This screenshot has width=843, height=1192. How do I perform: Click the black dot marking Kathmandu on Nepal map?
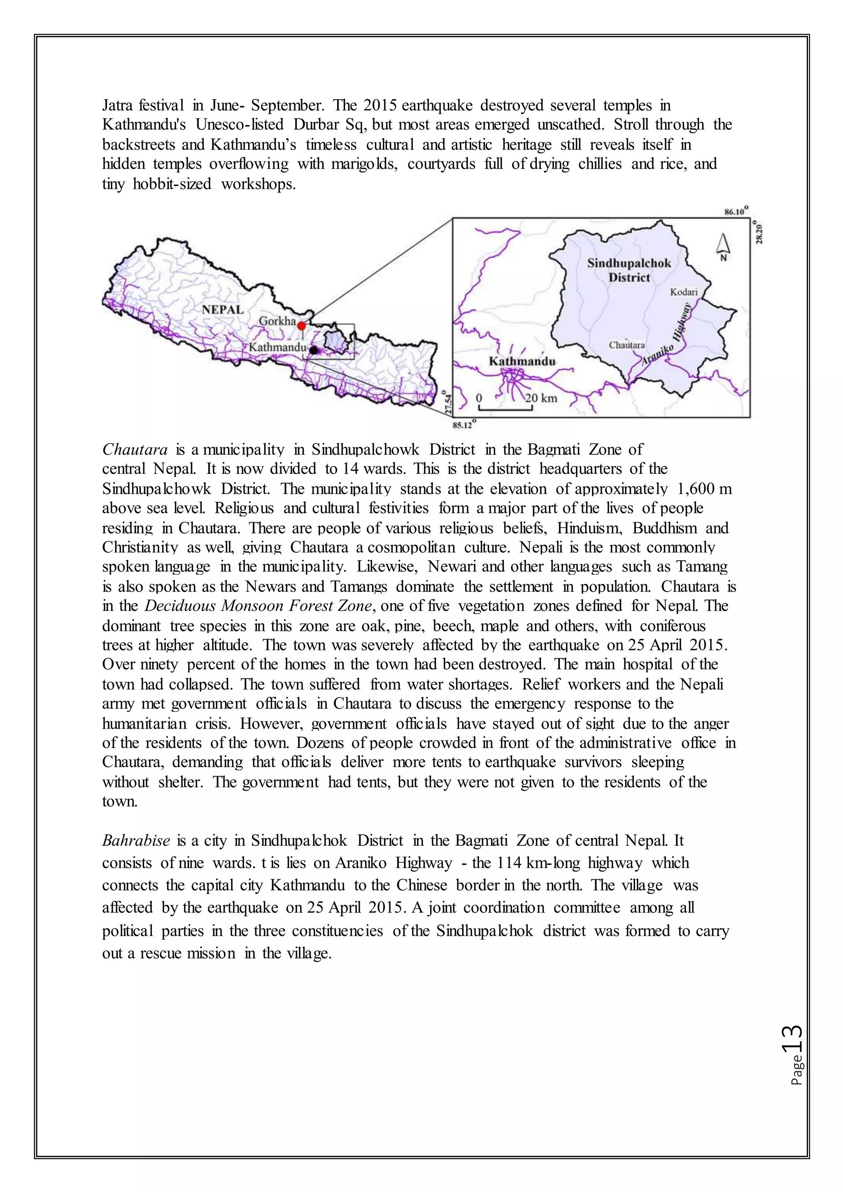(314, 350)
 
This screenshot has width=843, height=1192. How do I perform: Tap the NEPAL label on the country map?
(223, 310)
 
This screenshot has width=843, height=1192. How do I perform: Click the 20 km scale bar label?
(540, 398)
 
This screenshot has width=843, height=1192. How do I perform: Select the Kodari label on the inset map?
(683, 292)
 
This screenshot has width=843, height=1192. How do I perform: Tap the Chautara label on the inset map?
(626, 345)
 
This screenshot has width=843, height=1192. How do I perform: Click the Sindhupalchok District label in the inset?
(629, 270)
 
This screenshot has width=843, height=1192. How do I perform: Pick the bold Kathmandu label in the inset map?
(522, 361)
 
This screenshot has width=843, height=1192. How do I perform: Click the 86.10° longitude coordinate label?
(736, 212)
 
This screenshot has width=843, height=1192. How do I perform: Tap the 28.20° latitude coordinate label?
(759, 232)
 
